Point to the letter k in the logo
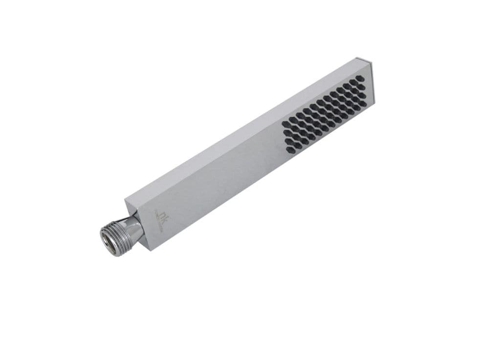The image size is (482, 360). [164, 211]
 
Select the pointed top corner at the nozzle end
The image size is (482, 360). [362, 58]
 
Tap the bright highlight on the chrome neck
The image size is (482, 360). [131, 222]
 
